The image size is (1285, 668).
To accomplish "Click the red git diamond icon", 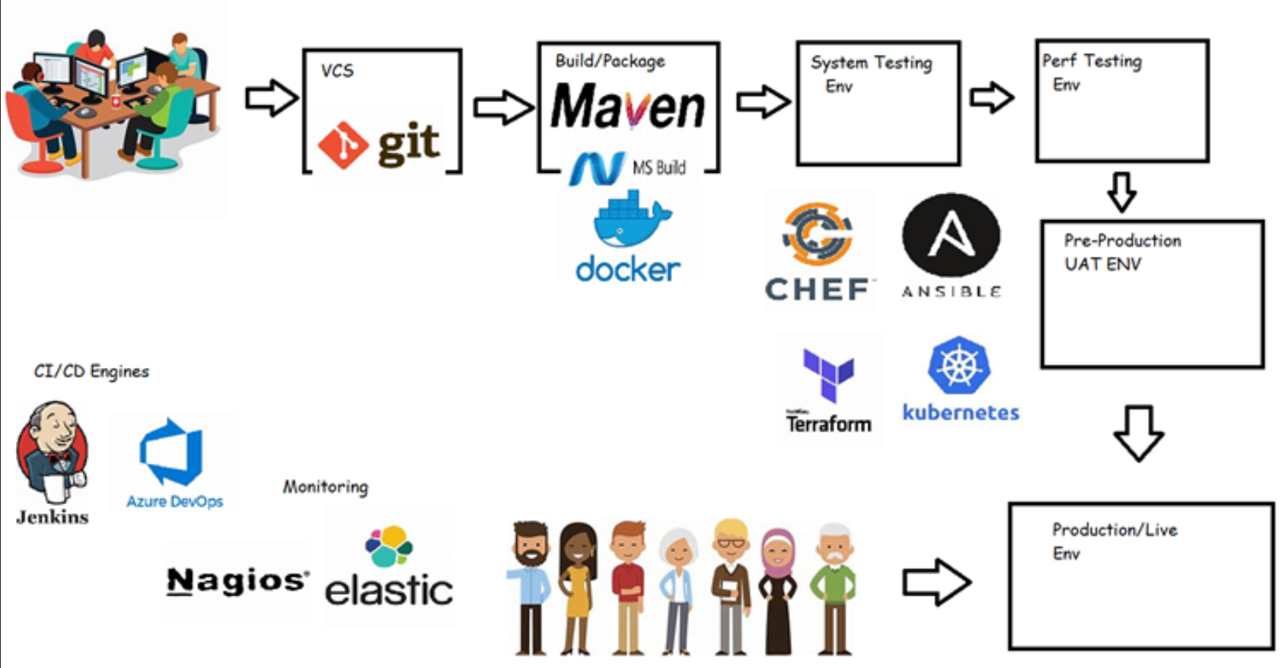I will pyautogui.click(x=343, y=145).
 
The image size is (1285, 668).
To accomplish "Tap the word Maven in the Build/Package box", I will pyautogui.click(x=628, y=107).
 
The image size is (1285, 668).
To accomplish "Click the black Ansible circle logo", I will pyautogui.click(x=951, y=235).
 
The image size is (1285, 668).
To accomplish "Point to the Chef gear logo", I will pyautogui.click(x=818, y=233).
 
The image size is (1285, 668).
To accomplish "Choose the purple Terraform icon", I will pyautogui.click(x=828, y=374).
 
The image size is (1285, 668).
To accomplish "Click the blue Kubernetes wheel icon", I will pyautogui.click(x=959, y=365).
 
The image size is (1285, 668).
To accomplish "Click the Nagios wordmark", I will pyautogui.click(x=238, y=581).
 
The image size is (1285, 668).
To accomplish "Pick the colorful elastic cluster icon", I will pyautogui.click(x=389, y=545).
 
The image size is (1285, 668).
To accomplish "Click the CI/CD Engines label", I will pyautogui.click(x=91, y=371).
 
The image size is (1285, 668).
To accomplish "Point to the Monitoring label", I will pyautogui.click(x=325, y=486).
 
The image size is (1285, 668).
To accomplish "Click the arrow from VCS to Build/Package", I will pyautogui.click(x=502, y=107).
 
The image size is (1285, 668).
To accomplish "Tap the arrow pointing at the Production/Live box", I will pyautogui.click(x=936, y=583).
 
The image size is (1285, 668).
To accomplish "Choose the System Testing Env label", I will pyautogui.click(x=870, y=73).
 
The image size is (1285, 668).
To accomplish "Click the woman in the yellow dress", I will pyautogui.click(x=577, y=586).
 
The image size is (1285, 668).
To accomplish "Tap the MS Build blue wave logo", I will pyautogui.click(x=598, y=168).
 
